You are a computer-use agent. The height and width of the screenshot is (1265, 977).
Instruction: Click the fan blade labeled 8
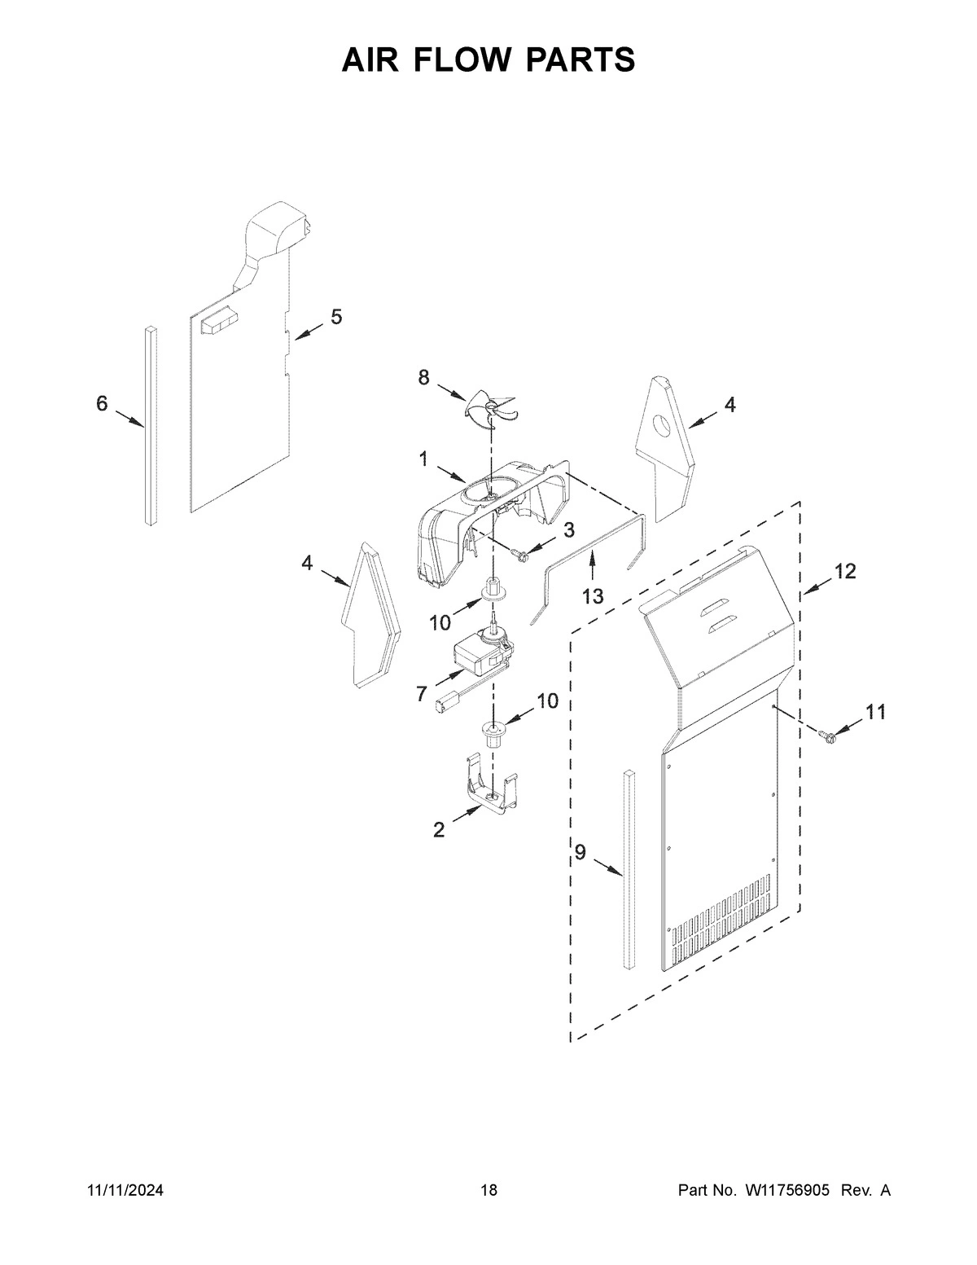click(491, 404)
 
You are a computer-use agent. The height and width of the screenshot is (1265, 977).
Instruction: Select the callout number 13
click(592, 596)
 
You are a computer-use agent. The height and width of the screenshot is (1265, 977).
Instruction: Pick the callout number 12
click(845, 572)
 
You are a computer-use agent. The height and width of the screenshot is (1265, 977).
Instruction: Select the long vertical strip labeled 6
click(151, 424)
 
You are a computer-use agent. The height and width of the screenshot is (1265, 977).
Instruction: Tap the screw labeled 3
click(518, 555)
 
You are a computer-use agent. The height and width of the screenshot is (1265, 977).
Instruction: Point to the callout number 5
click(335, 317)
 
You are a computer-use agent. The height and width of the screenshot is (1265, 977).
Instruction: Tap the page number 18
click(488, 1191)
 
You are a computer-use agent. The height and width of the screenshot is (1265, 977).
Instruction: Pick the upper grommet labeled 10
click(493, 589)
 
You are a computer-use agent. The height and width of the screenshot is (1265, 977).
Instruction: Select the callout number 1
click(423, 459)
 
